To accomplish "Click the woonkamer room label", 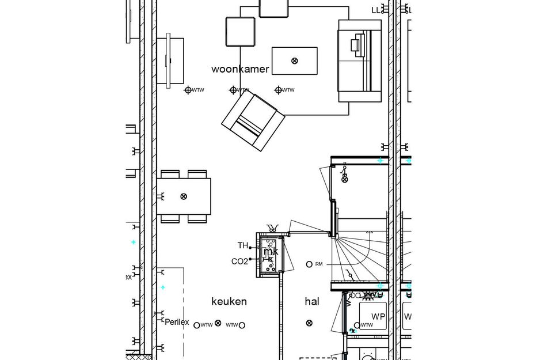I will click(x=240, y=69).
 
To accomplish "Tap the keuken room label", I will click(x=229, y=301).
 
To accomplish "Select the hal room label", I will click(x=312, y=301).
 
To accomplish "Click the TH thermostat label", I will click(x=243, y=246).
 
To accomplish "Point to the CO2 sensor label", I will click(x=239, y=262).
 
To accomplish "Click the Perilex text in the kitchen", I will click(x=177, y=322).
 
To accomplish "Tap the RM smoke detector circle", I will click(x=309, y=264).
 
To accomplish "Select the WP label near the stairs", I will click(x=378, y=317).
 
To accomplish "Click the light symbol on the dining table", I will click(x=184, y=196).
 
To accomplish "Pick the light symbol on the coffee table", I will click(x=295, y=60).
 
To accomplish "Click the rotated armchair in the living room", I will click(x=253, y=121).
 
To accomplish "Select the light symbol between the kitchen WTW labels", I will click(x=218, y=323).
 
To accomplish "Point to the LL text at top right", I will click(x=376, y=10).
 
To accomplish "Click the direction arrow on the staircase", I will click(x=368, y=232).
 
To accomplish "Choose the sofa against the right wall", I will click(x=360, y=60).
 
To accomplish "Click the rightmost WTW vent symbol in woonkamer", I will click(x=279, y=90).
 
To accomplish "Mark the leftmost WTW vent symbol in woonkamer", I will click(x=188, y=90).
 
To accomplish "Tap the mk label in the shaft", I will click(x=271, y=252).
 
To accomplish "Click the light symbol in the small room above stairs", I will click(x=345, y=180).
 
